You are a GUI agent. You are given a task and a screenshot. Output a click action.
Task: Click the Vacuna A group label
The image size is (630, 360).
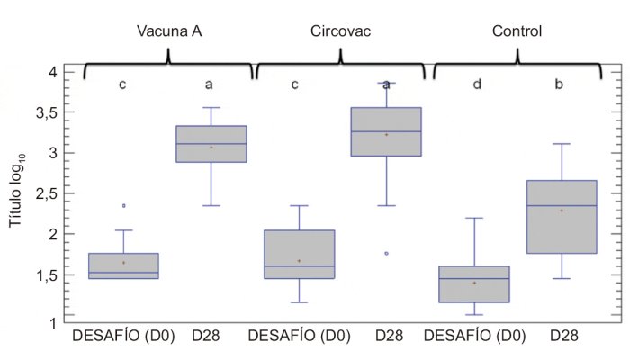coord(169,31)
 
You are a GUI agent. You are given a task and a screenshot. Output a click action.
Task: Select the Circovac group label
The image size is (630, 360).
coord(339,31)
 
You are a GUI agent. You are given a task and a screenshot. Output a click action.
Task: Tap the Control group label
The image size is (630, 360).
coord(517,31)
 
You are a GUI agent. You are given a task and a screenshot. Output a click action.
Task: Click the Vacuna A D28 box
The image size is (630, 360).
coord(211,144)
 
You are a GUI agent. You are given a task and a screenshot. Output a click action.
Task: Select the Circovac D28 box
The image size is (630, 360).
coord(386,131)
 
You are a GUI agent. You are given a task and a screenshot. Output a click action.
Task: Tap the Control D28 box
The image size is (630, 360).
coord(562,217)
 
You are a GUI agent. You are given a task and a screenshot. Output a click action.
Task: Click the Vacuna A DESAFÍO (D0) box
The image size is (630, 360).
coord(123,265)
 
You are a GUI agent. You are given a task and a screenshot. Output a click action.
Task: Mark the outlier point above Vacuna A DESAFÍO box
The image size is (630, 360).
coord(123,206)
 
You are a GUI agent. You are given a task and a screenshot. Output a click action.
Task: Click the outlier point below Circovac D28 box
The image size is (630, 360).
coord(386,254)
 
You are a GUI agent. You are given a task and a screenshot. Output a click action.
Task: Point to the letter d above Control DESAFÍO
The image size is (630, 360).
coord(477,85)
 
